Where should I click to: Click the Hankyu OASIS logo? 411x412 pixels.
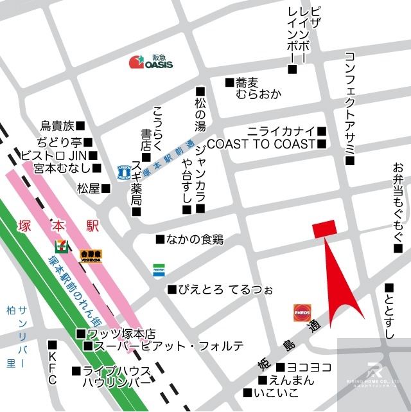150,62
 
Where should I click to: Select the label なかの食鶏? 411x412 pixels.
195,239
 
